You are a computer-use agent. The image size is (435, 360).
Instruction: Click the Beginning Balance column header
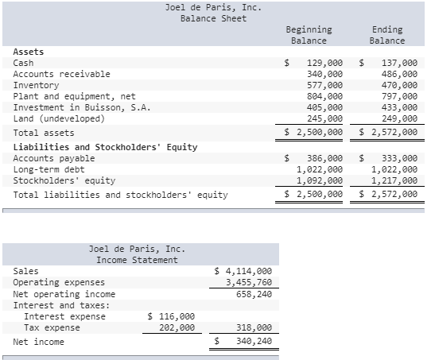click(x=309, y=35)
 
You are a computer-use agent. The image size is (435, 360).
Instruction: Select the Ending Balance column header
click(x=387, y=35)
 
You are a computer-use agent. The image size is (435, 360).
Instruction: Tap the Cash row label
click(x=24, y=63)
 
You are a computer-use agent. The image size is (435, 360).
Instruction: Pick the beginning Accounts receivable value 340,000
click(x=324, y=74)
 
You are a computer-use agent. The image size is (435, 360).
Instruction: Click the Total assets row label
click(x=44, y=133)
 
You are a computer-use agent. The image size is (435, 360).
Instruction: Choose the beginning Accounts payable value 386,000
click(x=324, y=158)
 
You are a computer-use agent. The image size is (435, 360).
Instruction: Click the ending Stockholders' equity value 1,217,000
click(x=394, y=180)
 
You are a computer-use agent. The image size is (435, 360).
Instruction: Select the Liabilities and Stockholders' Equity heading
click(x=106, y=147)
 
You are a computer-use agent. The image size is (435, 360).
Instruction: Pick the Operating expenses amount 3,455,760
click(x=249, y=282)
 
